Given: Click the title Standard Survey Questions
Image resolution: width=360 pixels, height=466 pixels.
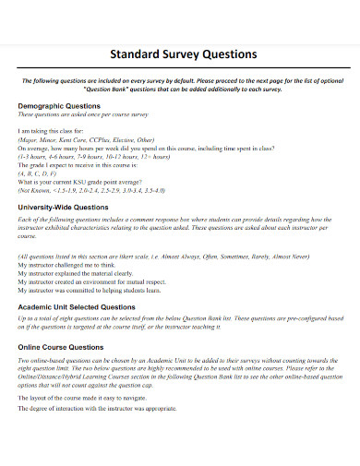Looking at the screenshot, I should [x=183, y=54].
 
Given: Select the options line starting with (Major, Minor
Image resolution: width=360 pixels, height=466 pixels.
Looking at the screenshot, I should [x=86, y=141].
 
